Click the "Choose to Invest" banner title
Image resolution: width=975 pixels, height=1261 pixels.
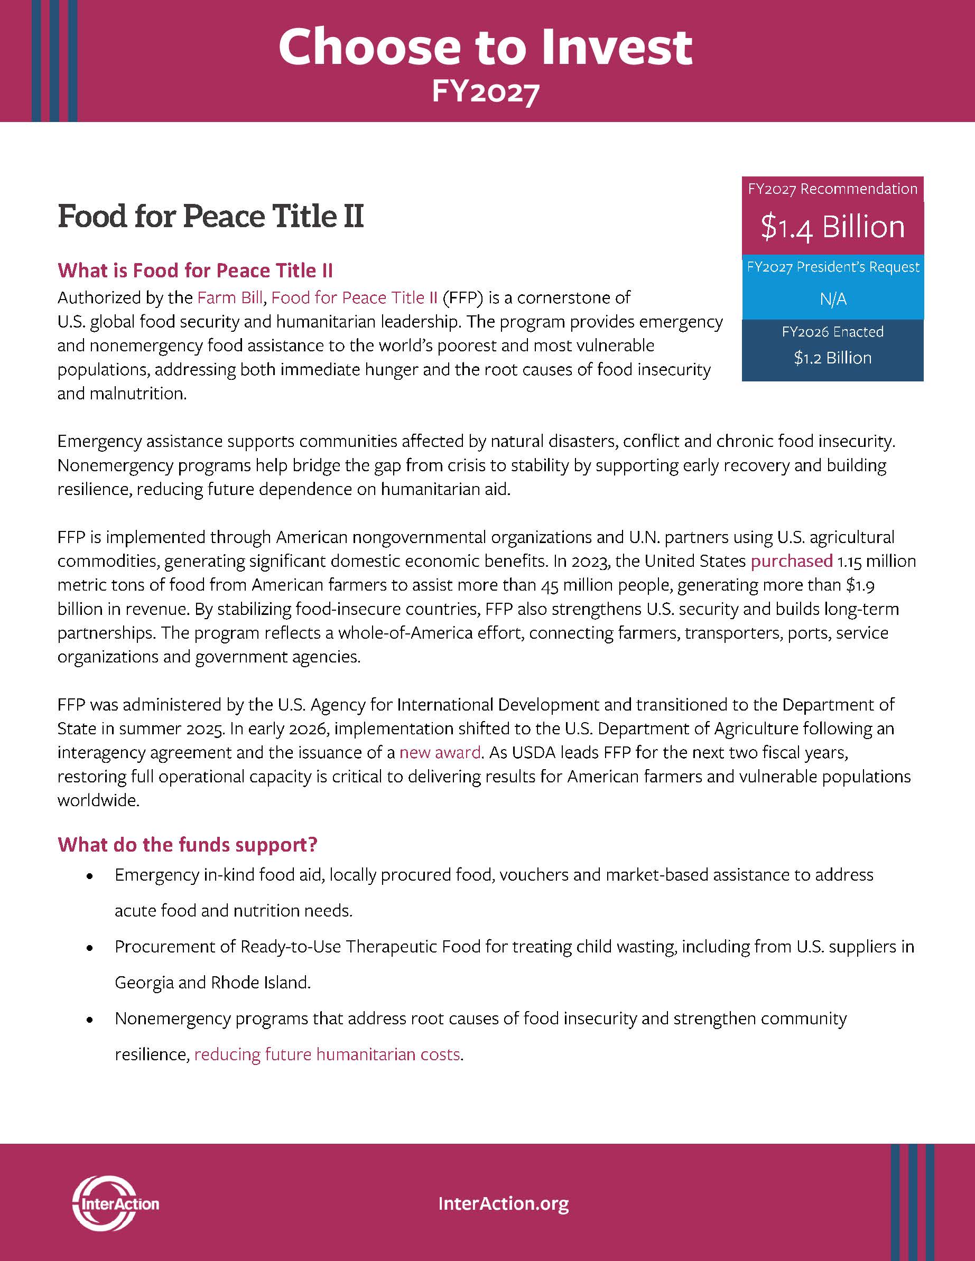click(x=485, y=48)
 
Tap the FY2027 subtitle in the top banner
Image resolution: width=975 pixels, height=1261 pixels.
click(x=485, y=92)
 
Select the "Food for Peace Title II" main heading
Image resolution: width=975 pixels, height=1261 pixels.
click(x=211, y=217)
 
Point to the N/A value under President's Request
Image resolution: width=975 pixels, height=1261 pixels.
click(x=832, y=299)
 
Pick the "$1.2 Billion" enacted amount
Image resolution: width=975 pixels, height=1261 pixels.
click(x=832, y=358)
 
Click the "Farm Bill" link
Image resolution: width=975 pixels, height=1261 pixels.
click(x=230, y=298)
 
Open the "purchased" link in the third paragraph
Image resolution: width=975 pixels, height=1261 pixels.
click(x=791, y=561)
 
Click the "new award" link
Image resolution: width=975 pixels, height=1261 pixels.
click(x=440, y=753)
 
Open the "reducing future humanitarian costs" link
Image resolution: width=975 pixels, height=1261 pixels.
click(x=327, y=1054)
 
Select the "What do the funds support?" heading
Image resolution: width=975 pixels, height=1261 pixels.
click(x=188, y=845)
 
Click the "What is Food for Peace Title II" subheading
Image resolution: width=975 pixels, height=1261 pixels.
click(x=195, y=270)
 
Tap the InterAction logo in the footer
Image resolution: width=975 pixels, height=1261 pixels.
click(x=115, y=1204)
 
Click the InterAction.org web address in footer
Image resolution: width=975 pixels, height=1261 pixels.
click(x=504, y=1204)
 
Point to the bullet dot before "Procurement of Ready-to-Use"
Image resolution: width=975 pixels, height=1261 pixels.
click(x=89, y=948)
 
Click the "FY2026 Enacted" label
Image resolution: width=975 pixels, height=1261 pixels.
click(x=832, y=332)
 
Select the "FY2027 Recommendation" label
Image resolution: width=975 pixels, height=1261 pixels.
click(x=832, y=189)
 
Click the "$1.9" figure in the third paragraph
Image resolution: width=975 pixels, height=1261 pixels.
click(x=859, y=585)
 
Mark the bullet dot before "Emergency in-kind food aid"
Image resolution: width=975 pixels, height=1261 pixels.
click(x=89, y=876)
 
